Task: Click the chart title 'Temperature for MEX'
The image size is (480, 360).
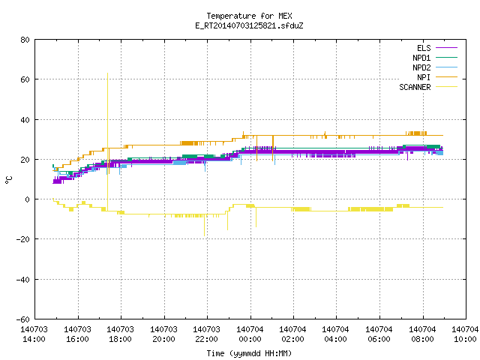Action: point(249,16)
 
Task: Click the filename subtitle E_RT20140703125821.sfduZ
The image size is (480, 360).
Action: point(249,25)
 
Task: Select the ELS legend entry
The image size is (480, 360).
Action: point(424,48)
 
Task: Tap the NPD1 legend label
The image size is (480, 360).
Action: point(421,58)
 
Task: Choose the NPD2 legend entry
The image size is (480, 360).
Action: point(421,67)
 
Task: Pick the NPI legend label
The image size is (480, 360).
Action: point(424,77)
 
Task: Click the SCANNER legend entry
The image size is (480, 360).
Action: point(415,87)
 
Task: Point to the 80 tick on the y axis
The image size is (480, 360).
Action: point(25,40)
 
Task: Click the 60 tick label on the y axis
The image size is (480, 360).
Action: point(25,79)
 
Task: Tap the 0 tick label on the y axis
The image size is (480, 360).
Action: point(28,199)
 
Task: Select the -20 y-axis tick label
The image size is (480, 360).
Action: point(23,239)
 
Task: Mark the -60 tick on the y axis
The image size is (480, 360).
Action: point(23,319)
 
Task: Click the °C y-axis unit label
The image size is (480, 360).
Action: point(8,180)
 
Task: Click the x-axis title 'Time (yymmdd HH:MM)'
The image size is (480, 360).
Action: point(249,353)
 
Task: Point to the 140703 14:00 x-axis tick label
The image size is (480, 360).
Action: point(34,334)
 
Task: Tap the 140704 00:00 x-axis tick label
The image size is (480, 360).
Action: point(250,334)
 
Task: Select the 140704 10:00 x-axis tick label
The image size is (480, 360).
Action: point(465,334)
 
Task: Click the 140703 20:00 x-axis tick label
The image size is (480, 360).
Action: point(163,334)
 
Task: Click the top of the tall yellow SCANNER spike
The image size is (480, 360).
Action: point(107,73)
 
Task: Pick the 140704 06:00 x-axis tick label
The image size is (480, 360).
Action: point(379,334)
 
